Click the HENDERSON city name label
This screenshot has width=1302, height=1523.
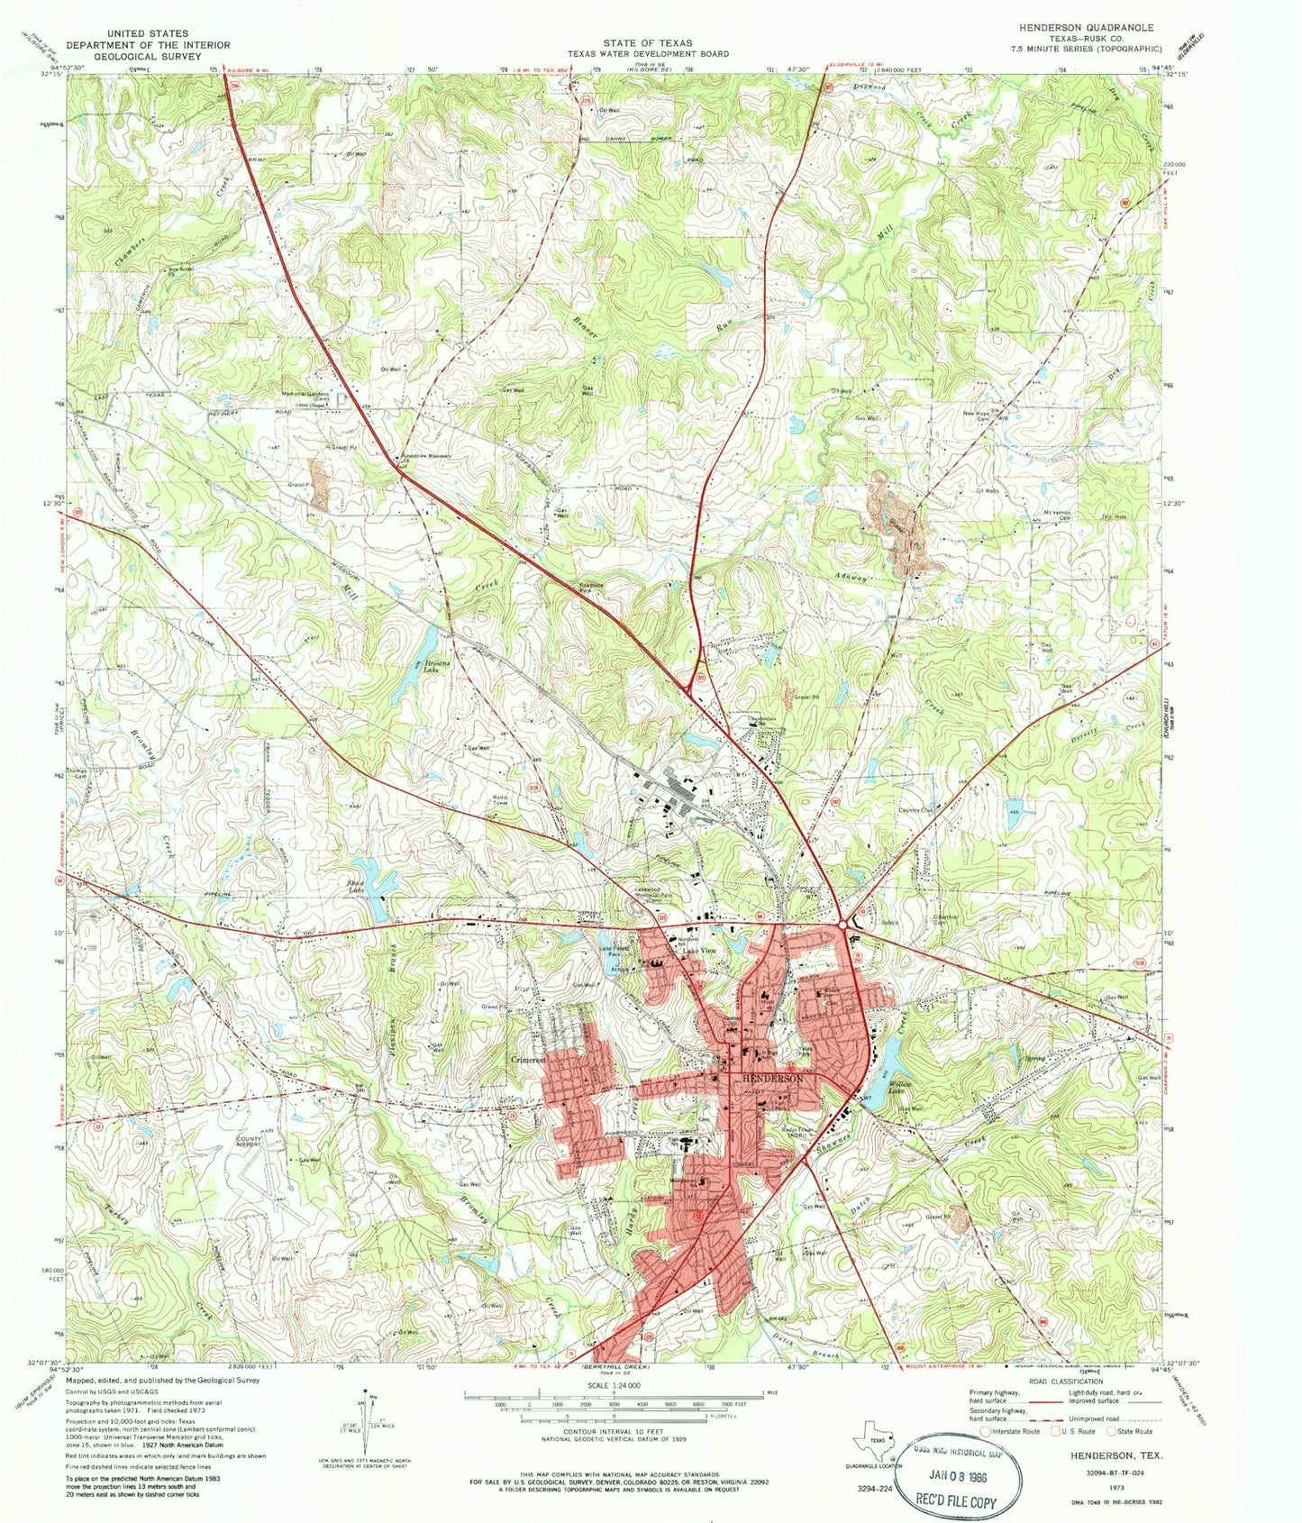(x=772, y=1078)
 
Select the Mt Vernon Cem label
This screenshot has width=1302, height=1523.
(x=1061, y=515)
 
